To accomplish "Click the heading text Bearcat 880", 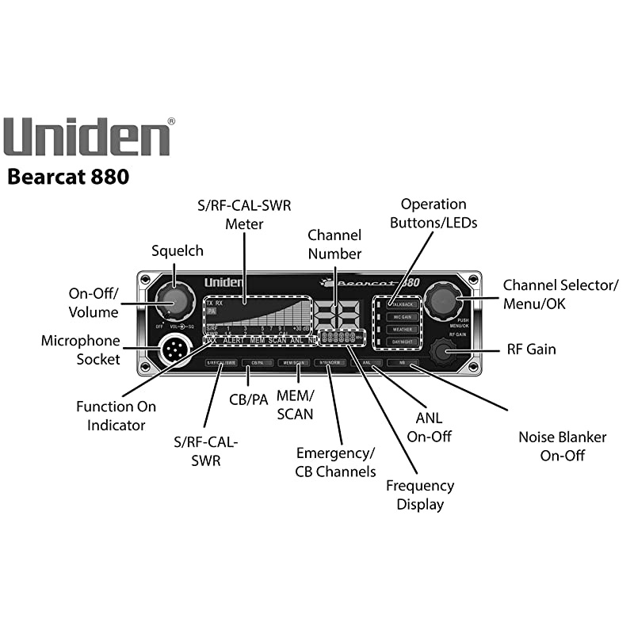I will click(68, 176).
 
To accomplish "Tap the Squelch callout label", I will click(178, 251).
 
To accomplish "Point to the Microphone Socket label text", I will click(80, 350).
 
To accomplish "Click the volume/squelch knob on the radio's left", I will click(174, 302).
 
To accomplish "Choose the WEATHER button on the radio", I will click(403, 329).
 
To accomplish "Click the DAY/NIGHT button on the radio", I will click(403, 342).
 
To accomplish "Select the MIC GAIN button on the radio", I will click(403, 316).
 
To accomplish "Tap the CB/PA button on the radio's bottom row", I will click(257, 362).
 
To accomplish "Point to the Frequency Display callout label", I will click(420, 495).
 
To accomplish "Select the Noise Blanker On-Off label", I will click(562, 446).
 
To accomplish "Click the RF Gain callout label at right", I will click(531, 349).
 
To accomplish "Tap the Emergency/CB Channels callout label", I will click(335, 462).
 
